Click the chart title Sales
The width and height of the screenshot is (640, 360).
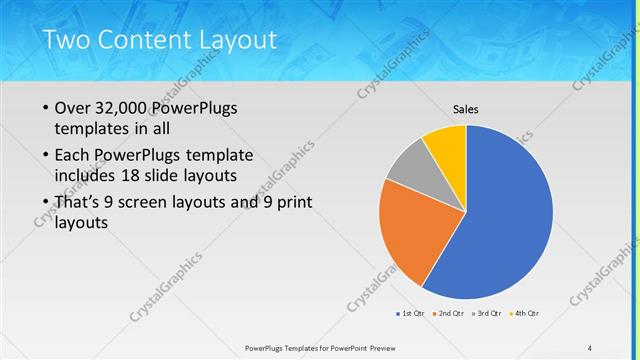point(466,109)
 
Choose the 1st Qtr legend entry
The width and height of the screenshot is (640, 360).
point(412,314)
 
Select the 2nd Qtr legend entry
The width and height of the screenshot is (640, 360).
point(449,314)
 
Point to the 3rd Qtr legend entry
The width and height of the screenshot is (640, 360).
point(487,314)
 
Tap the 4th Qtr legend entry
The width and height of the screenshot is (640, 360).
point(524,314)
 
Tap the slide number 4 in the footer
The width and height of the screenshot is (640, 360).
point(589,347)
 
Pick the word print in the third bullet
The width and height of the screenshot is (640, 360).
point(293,203)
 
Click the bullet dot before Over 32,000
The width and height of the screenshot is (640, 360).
point(45,108)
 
